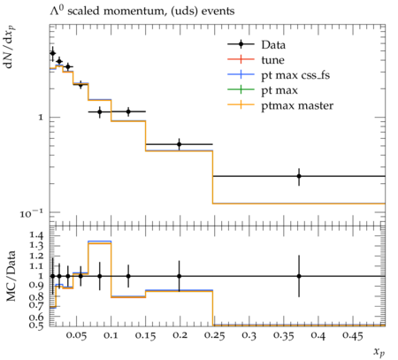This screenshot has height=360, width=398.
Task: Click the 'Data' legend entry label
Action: [273, 45]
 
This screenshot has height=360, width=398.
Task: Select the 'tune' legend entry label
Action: [272, 60]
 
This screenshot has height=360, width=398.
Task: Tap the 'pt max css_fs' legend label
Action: [295, 75]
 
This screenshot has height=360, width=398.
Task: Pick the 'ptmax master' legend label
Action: [297, 105]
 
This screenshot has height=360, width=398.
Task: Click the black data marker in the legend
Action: [241, 44]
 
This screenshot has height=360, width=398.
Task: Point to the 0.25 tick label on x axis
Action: [214, 335]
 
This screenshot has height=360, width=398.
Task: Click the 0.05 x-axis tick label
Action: [76, 335]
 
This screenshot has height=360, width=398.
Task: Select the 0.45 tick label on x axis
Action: [352, 335]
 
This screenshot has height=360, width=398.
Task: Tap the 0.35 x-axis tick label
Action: [283, 335]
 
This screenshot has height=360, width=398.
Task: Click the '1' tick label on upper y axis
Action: [41, 118]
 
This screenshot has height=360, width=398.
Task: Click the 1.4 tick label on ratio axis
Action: [36, 235]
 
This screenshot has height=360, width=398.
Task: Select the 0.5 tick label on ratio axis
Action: [36, 325]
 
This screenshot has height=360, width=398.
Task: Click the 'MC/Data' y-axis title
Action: [11, 276]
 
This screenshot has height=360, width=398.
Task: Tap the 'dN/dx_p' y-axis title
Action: [10, 47]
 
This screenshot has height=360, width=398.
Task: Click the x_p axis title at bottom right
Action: [379, 351]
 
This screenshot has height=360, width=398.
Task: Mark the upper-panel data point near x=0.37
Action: [299, 176]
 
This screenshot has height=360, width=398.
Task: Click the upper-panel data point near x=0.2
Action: [179, 144]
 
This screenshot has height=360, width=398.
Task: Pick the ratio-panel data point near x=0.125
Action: [128, 276]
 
